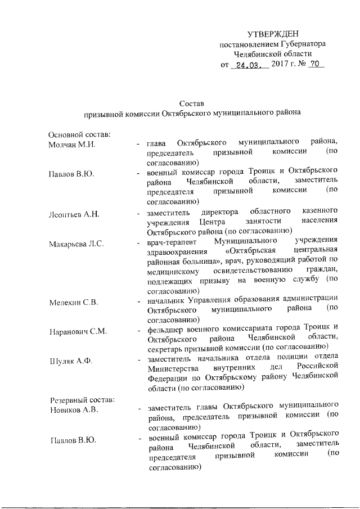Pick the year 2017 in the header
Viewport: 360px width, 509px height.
[280, 65]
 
